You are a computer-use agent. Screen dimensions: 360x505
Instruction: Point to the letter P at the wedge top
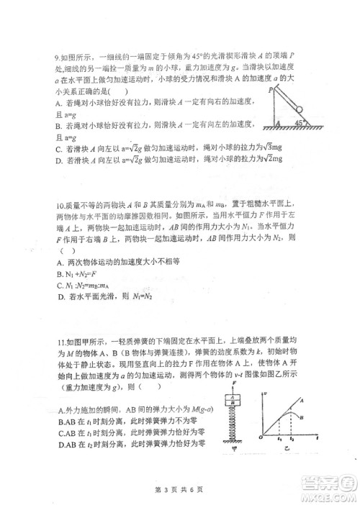[x=270, y=91]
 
